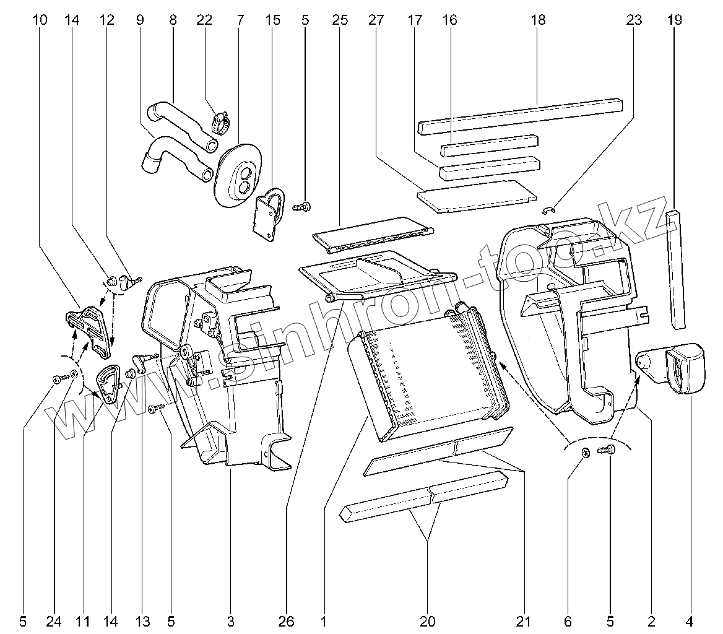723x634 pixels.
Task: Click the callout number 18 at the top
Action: [538, 20]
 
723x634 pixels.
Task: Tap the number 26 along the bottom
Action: [287, 620]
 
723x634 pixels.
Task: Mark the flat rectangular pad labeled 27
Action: [477, 196]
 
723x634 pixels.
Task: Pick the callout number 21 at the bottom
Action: [524, 620]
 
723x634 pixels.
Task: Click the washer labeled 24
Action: [74, 374]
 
